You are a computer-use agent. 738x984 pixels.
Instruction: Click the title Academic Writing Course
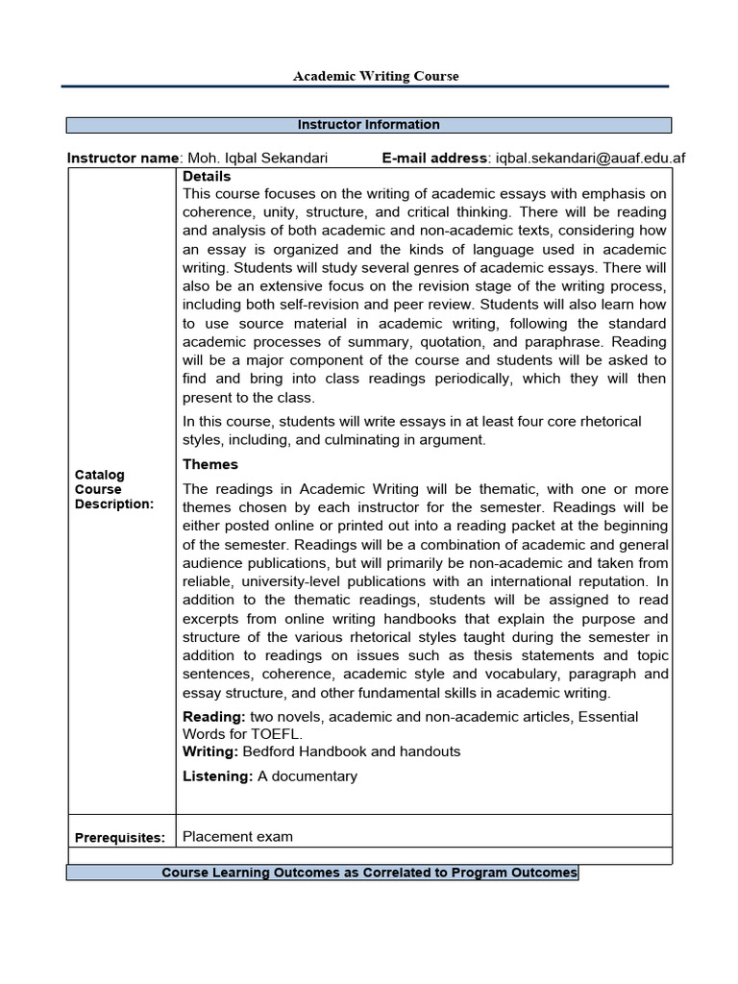376,76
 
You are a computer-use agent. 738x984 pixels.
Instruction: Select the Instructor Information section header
369,125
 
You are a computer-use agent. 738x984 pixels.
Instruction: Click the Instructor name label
123,158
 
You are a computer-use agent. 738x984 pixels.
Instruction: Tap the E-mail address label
435,158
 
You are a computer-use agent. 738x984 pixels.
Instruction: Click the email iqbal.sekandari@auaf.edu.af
590,158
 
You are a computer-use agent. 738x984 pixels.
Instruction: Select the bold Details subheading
207,177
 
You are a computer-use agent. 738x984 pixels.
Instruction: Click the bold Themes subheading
210,464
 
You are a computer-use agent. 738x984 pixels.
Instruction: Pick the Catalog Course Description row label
113,490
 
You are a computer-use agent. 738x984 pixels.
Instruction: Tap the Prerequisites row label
120,837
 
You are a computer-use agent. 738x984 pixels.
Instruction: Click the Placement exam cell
237,836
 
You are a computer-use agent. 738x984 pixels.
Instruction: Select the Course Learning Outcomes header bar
369,873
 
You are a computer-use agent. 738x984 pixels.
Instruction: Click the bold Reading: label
214,717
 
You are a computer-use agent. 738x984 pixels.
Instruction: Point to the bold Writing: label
210,751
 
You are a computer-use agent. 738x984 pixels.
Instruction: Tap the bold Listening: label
218,776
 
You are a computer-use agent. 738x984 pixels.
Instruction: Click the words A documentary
307,776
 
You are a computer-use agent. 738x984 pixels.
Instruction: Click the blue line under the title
364,86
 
